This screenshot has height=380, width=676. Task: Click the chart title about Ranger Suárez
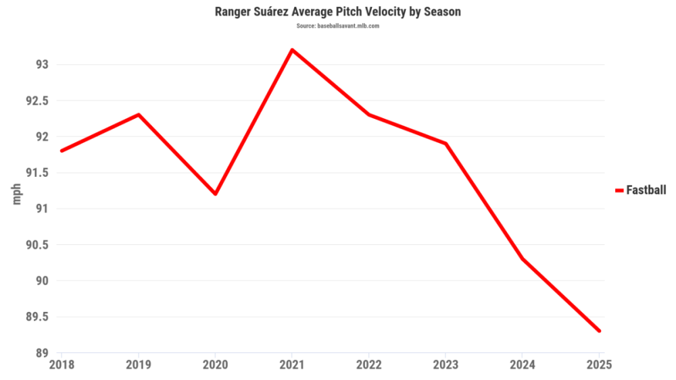point(338,12)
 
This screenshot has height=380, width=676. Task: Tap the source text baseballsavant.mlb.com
point(338,26)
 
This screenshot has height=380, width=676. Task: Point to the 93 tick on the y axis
point(42,65)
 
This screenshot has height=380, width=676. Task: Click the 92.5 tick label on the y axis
point(37,101)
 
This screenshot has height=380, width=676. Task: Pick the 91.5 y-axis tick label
point(37,173)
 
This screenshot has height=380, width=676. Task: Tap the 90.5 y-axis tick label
point(37,245)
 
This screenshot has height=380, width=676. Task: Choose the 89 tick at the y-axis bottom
point(42,352)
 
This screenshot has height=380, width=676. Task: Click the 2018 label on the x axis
point(62,365)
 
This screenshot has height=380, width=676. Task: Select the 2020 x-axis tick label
point(215,365)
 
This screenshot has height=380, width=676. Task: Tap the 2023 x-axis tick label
point(445,365)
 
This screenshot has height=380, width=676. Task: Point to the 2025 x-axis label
point(599,365)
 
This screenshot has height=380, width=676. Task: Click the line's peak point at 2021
point(292,50)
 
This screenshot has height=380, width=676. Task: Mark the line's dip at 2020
point(215,194)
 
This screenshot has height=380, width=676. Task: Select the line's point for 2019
point(139,115)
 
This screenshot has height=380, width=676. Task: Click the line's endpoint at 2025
point(599,331)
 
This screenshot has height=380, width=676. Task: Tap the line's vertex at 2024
point(523,259)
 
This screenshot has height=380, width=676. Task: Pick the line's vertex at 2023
point(445,144)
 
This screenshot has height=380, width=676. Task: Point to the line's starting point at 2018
point(62,151)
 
